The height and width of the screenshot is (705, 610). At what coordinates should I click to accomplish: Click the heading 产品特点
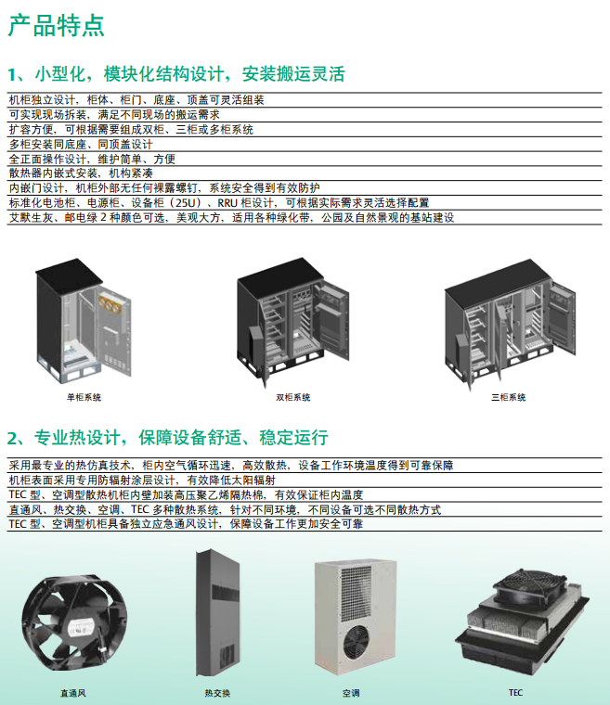click(x=57, y=25)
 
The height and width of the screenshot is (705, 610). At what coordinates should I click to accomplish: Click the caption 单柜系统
click(x=84, y=397)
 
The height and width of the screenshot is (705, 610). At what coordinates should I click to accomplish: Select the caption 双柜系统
click(x=293, y=397)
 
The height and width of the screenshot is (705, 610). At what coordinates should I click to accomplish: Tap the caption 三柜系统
click(x=508, y=397)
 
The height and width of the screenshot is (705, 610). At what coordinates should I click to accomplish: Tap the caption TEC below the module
click(x=515, y=692)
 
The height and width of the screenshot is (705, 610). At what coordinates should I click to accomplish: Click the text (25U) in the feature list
click(x=196, y=202)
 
